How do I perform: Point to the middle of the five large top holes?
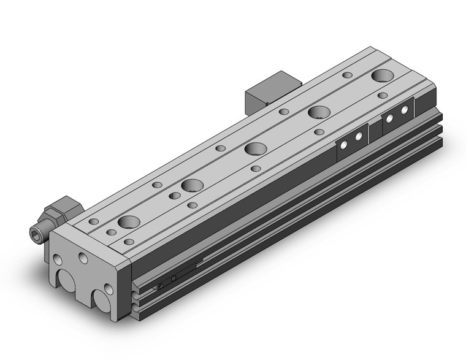254,149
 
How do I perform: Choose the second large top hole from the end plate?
192,185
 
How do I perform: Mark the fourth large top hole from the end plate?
318,112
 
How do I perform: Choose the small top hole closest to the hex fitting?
94,221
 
